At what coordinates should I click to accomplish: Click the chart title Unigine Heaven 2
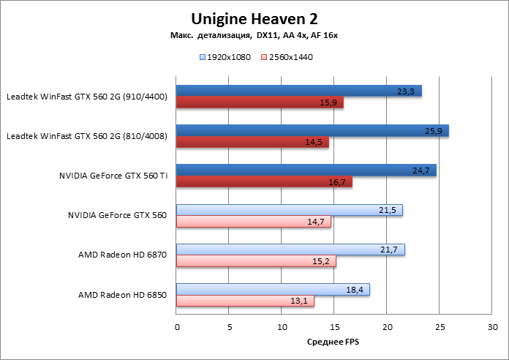pos(254,18)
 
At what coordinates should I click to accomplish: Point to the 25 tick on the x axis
pos(440,326)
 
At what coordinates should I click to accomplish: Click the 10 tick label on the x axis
pos(282,326)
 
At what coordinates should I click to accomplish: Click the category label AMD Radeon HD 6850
pos(122,295)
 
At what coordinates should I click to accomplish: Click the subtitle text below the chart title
pos(254,35)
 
